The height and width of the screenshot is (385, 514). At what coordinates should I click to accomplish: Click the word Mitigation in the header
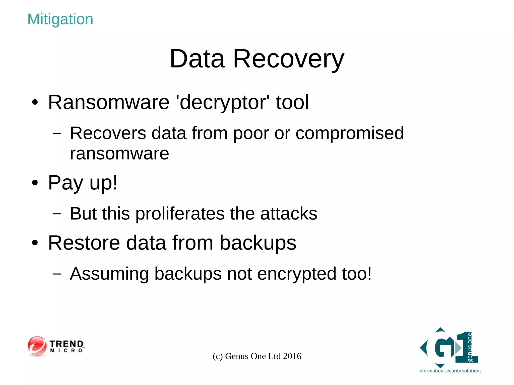coord(60,19)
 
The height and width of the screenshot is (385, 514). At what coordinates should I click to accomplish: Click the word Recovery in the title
coord(289,59)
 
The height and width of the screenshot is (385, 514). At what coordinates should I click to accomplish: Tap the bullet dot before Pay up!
coord(35,183)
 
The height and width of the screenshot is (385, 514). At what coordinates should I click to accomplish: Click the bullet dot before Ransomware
coord(35,102)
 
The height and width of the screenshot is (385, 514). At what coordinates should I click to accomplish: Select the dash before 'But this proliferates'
coord(57,214)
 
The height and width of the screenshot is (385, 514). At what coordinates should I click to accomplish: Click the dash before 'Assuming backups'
coord(57,274)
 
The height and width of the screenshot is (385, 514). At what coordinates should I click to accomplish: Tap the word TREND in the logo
coord(67,344)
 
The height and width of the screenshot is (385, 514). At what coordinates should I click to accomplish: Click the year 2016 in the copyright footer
coord(292,356)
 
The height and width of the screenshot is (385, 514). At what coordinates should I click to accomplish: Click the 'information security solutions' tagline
coord(450,371)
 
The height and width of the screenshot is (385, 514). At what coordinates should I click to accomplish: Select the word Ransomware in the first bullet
coord(109,102)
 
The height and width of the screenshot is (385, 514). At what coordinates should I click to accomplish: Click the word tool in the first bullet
coord(292,102)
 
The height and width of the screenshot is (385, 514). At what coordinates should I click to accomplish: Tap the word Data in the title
coord(197,59)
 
